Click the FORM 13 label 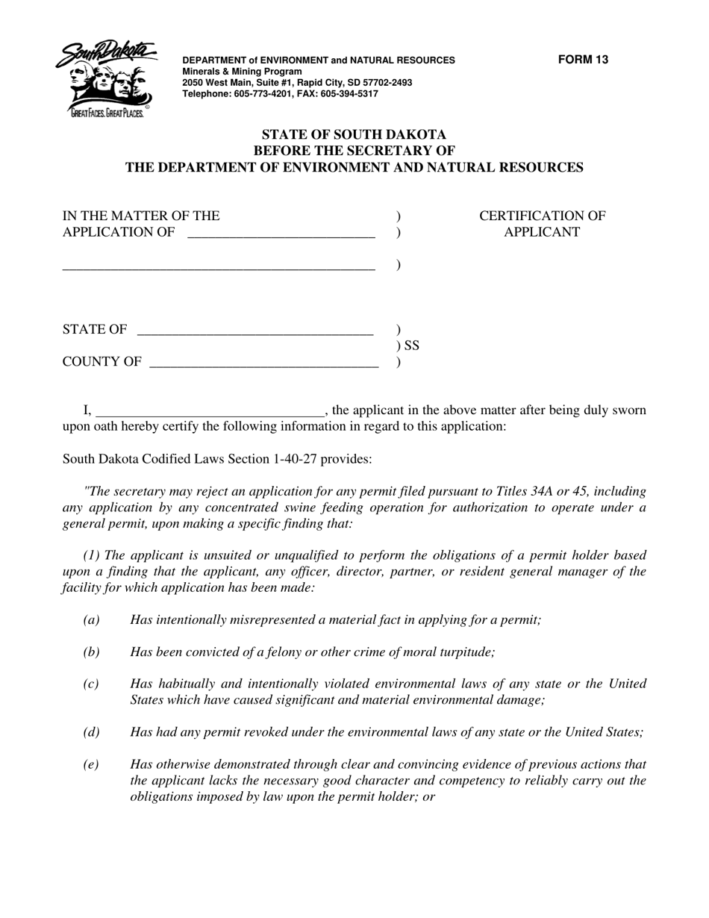(583, 60)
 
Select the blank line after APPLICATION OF (281, 233)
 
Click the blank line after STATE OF (255, 330)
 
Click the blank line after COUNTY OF (263, 363)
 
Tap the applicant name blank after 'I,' (210, 410)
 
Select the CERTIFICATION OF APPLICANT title (542, 224)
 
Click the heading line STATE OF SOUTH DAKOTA (354, 135)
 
